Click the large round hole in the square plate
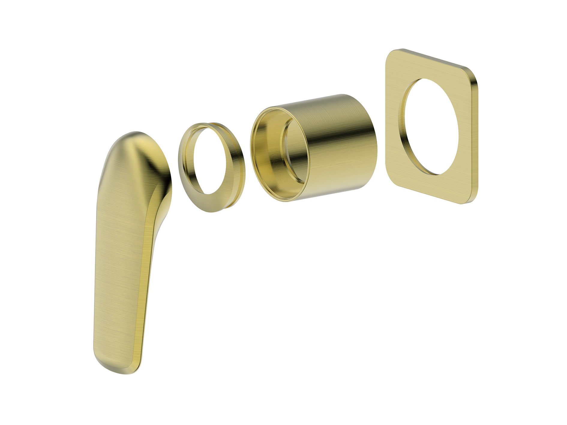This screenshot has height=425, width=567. (432, 126)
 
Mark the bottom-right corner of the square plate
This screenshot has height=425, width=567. (471, 199)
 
